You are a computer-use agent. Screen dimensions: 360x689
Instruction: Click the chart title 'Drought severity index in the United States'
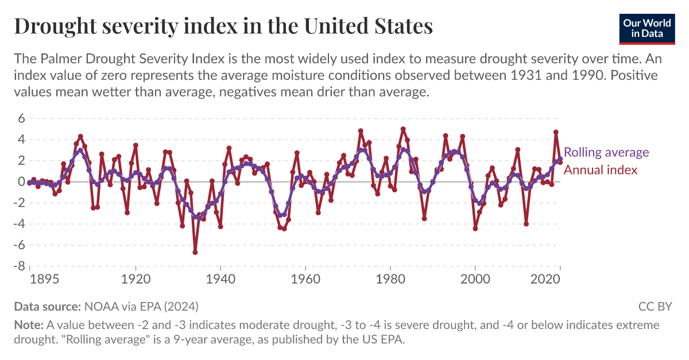coord(223,26)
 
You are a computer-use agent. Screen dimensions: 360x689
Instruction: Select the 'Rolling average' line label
coord(606,153)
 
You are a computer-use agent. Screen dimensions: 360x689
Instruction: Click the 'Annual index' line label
coord(601,170)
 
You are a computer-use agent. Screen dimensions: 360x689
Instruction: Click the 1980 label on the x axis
coord(390,279)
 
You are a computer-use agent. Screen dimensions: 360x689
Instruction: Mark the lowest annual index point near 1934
coord(195,252)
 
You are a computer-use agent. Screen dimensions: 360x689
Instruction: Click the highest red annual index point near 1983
coord(403,129)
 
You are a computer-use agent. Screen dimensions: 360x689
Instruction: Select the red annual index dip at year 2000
coord(475,229)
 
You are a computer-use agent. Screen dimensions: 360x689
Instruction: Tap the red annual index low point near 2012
coord(526,224)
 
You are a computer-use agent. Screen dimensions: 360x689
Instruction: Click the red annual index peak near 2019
coord(556,132)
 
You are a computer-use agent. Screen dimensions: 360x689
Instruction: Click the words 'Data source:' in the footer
coord(48,306)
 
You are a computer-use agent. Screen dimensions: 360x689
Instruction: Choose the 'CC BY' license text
coord(655,306)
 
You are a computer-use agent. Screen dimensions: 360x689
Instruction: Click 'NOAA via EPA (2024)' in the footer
coord(141,306)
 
